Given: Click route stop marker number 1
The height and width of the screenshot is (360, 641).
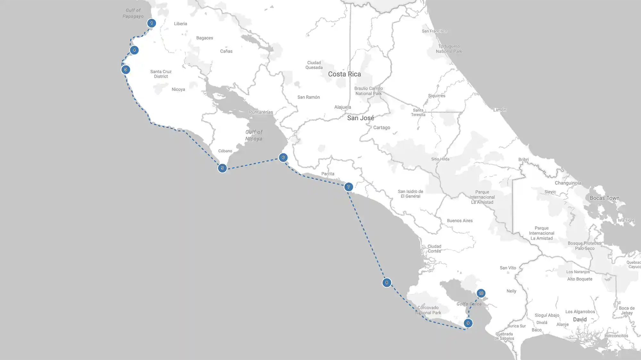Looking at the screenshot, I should (x=152, y=23).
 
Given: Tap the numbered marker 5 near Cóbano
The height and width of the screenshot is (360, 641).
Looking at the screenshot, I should (x=222, y=168).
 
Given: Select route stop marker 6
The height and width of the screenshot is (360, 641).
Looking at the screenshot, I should (x=283, y=157).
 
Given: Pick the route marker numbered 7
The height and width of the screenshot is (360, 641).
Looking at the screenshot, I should (x=348, y=187).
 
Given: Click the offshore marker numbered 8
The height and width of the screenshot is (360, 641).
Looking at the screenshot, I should (x=387, y=282).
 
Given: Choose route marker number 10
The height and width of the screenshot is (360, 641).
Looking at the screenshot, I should (x=481, y=293).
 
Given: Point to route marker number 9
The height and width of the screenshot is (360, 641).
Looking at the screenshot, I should (x=468, y=323).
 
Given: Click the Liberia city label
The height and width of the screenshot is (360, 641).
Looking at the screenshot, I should (x=180, y=24).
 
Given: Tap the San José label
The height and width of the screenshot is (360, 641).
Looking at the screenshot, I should (x=361, y=118).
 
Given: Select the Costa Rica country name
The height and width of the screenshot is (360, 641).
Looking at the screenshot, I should (x=344, y=74).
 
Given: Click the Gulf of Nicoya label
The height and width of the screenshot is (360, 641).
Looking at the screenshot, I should (x=254, y=135).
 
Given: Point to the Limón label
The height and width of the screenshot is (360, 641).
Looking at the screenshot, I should (x=500, y=110).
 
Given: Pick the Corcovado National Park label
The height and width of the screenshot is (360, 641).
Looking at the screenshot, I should (x=428, y=310).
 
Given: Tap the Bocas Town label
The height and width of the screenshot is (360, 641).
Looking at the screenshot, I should (x=604, y=198).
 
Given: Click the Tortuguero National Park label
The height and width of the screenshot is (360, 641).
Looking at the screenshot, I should (x=449, y=49).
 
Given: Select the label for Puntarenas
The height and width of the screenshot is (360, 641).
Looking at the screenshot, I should (x=261, y=112).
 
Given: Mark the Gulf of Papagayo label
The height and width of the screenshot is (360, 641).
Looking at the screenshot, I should (x=133, y=13).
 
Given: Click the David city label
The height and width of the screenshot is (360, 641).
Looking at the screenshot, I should (x=580, y=319).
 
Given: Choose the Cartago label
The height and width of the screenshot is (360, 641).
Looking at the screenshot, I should (x=381, y=128).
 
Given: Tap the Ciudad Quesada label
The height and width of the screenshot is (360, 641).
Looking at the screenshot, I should (x=314, y=65).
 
